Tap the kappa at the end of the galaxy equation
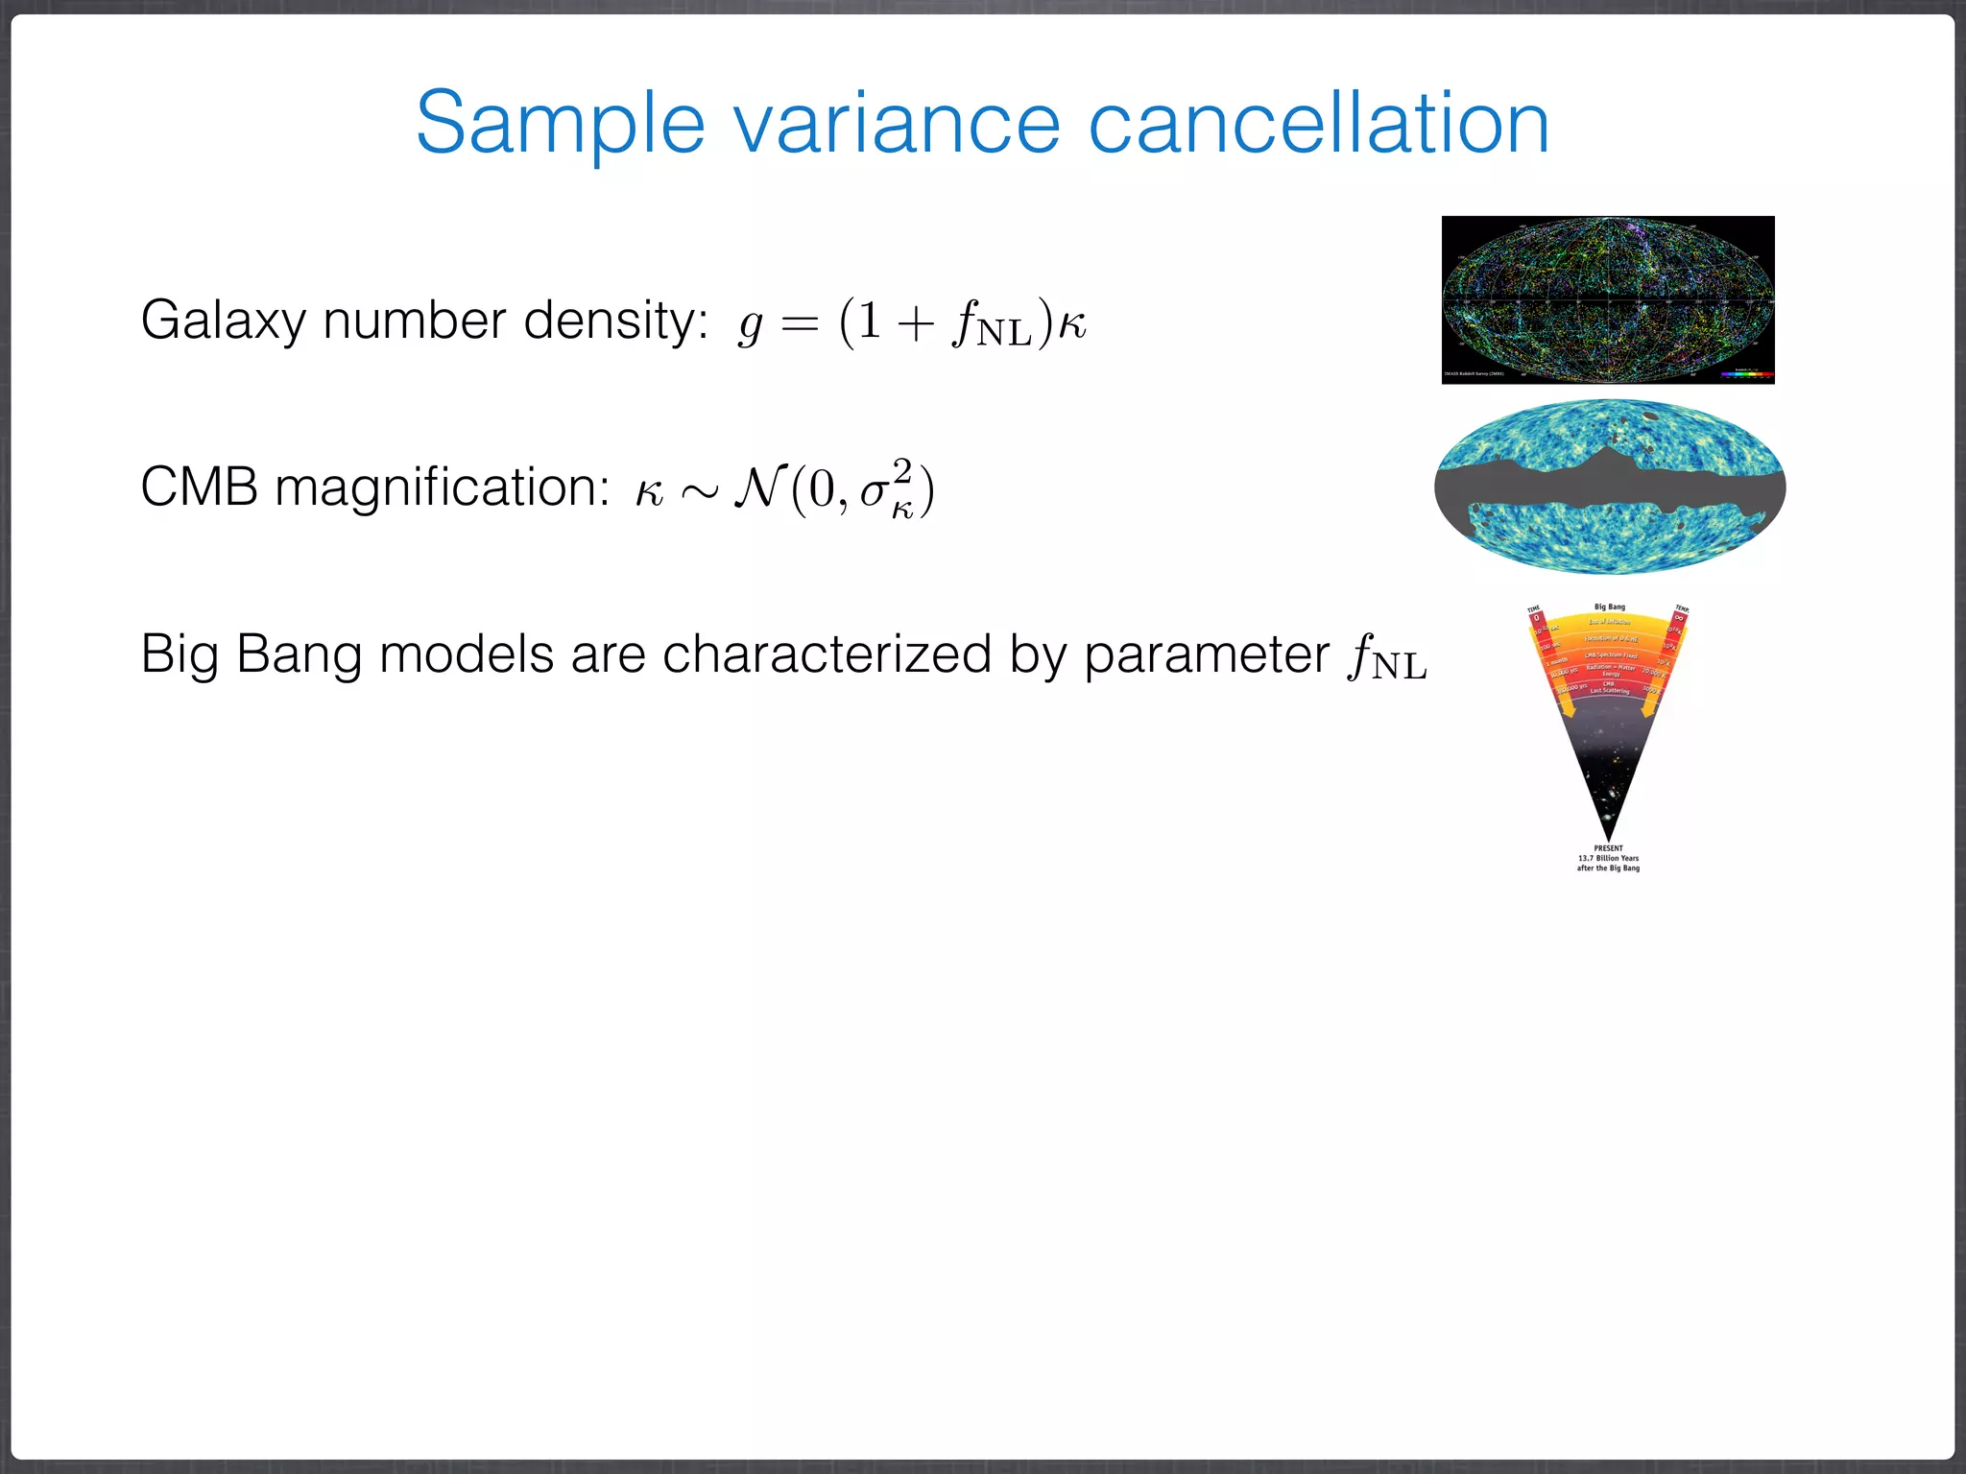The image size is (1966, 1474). [x=1072, y=323]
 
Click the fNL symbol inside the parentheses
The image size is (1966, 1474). [x=991, y=324]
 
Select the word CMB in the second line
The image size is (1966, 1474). [x=199, y=487]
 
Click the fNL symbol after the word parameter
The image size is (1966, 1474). [x=1387, y=658]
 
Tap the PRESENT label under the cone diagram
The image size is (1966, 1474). [x=1608, y=848]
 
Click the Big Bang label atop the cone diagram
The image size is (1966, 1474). [x=1610, y=606]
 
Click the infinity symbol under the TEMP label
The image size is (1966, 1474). [x=1679, y=619]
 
